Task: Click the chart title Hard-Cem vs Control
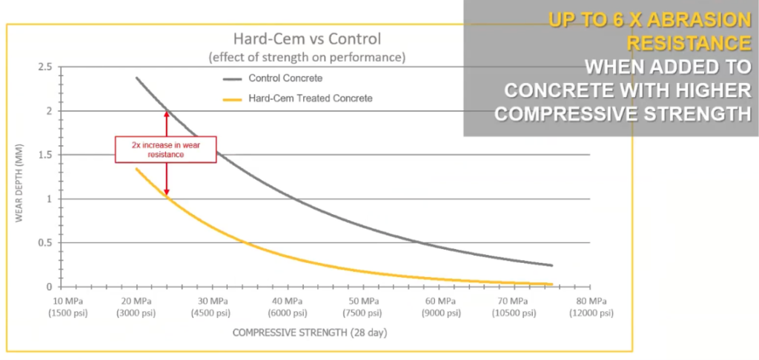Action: click(x=308, y=39)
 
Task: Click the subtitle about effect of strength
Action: click(x=308, y=57)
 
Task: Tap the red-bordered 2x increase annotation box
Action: click(x=165, y=149)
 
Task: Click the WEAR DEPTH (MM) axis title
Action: click(x=22, y=178)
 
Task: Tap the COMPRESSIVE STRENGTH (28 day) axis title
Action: click(x=309, y=333)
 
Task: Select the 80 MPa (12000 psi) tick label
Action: click(x=591, y=307)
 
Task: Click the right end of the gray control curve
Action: click(x=551, y=265)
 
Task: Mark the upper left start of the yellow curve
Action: click(x=136, y=169)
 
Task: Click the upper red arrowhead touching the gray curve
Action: click(x=167, y=113)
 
